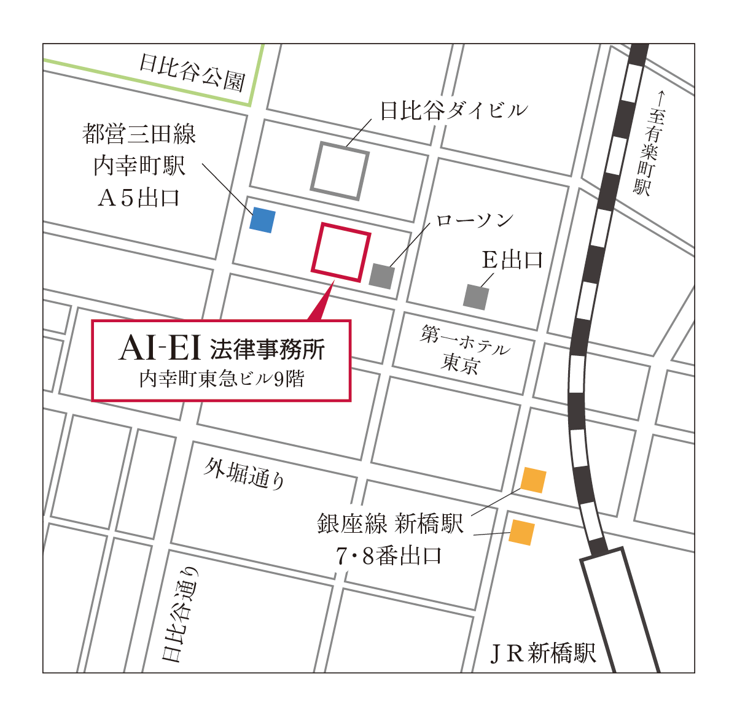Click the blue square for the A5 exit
pyautogui.click(x=262, y=220)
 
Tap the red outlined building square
pyautogui.click(x=341, y=252)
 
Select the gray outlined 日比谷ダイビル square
pyautogui.click(x=340, y=171)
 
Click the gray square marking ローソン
pyautogui.click(x=381, y=275)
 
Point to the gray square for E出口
pyautogui.click(x=476, y=297)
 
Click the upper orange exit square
pyautogui.click(x=533, y=480)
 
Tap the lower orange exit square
pyautogui.click(x=521, y=532)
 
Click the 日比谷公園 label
pyautogui.click(x=192, y=72)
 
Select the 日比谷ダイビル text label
pyautogui.click(x=454, y=110)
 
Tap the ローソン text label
pyautogui.click(x=474, y=220)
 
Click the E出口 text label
pyautogui.click(x=512, y=260)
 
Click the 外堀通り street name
pyautogui.click(x=245, y=473)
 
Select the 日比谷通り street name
pyautogui.click(x=181, y=614)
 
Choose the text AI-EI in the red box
pyautogui.click(x=160, y=349)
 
